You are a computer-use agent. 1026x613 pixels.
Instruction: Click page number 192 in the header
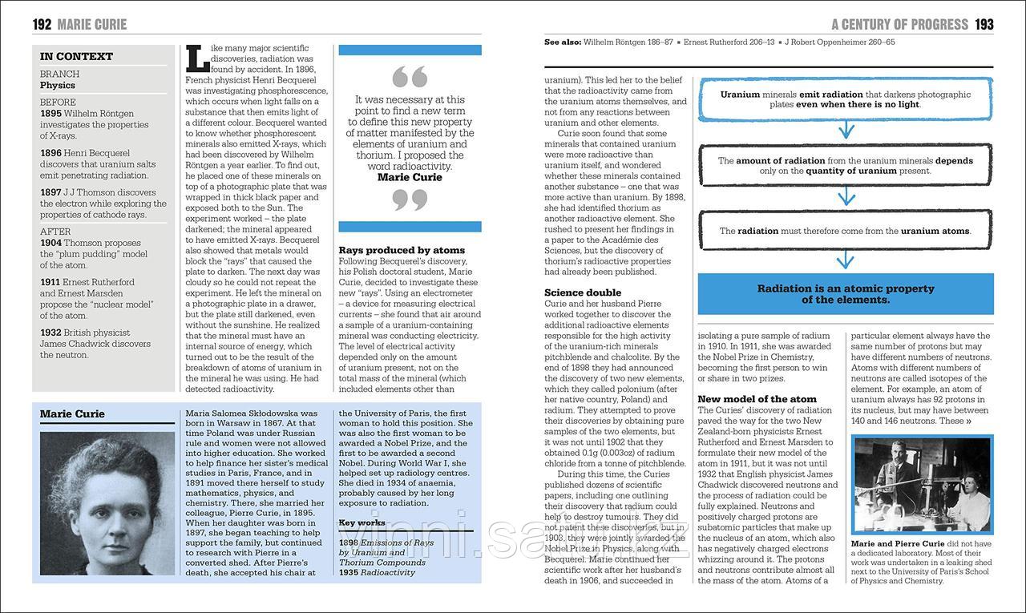(42, 24)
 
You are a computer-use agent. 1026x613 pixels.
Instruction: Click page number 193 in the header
(984, 24)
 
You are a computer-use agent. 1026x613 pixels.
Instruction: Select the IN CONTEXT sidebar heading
(77, 56)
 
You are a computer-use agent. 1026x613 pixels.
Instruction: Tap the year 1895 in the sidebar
(50, 114)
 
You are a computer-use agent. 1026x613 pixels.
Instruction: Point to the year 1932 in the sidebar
(50, 333)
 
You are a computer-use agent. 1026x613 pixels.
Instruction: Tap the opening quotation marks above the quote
(410, 78)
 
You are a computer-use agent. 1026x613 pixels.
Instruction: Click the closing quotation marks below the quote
(410, 200)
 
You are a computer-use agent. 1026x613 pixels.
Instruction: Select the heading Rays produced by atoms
(402, 250)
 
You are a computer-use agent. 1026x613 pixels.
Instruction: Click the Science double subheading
(583, 292)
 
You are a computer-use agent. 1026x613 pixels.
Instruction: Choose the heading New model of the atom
(757, 399)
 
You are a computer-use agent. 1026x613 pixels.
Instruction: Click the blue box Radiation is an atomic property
(845, 294)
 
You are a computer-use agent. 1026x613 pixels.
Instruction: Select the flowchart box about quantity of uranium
(845, 166)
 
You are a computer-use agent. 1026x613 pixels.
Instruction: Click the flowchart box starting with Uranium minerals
(845, 99)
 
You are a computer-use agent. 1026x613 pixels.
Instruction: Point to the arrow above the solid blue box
(845, 260)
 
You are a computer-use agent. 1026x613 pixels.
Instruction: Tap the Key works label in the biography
(362, 522)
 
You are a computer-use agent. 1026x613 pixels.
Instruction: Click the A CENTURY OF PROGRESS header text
(899, 24)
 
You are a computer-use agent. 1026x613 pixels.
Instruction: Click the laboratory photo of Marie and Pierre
(922, 485)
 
